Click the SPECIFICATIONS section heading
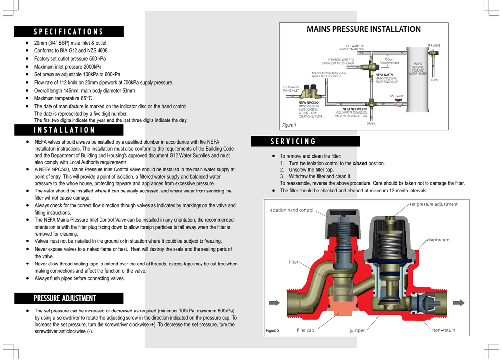pyautogui.click(x=69, y=32)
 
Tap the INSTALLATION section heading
pyautogui.click(x=65, y=130)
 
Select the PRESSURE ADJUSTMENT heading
pyautogui.click(x=65, y=298)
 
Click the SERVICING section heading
pyautogui.click(x=293, y=142)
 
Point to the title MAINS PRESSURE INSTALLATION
pyautogui.click(x=363, y=29)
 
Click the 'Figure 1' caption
pyautogui.click(x=289, y=125)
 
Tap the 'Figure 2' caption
pyautogui.click(x=273, y=331)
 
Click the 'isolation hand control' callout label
pyautogui.click(x=291, y=210)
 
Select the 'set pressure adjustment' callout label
pyautogui.click(x=433, y=204)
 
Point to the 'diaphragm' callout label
pyautogui.click(x=438, y=240)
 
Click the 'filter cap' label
pyautogui.click(x=305, y=330)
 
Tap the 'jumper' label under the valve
pyautogui.click(x=357, y=330)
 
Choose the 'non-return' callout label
pyautogui.click(x=443, y=330)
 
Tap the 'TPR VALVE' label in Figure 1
pyautogui.click(x=434, y=45)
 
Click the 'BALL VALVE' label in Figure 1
pyautogui.click(x=397, y=96)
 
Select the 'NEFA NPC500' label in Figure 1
pyautogui.click(x=308, y=103)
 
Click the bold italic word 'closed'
pyautogui.click(x=359, y=163)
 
